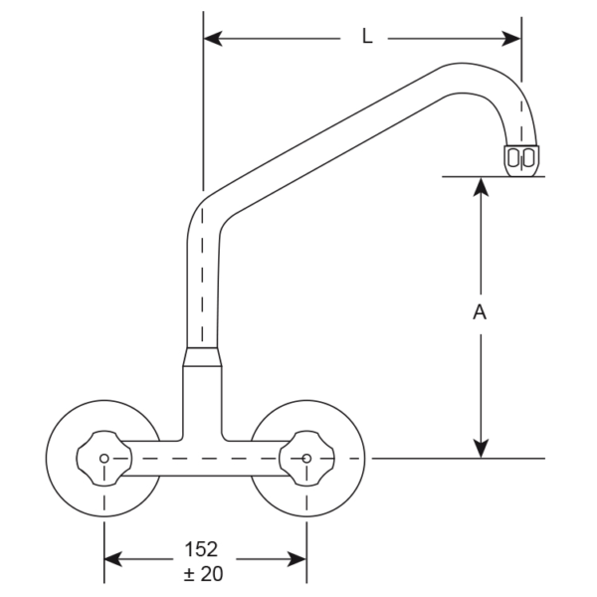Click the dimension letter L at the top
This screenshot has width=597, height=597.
(x=366, y=38)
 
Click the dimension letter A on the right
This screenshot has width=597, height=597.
(x=480, y=312)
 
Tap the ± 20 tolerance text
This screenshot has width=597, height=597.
(x=202, y=574)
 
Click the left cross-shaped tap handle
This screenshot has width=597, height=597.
(x=104, y=458)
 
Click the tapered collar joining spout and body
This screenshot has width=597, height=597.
(x=202, y=357)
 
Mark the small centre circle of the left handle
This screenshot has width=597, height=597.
(x=104, y=458)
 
